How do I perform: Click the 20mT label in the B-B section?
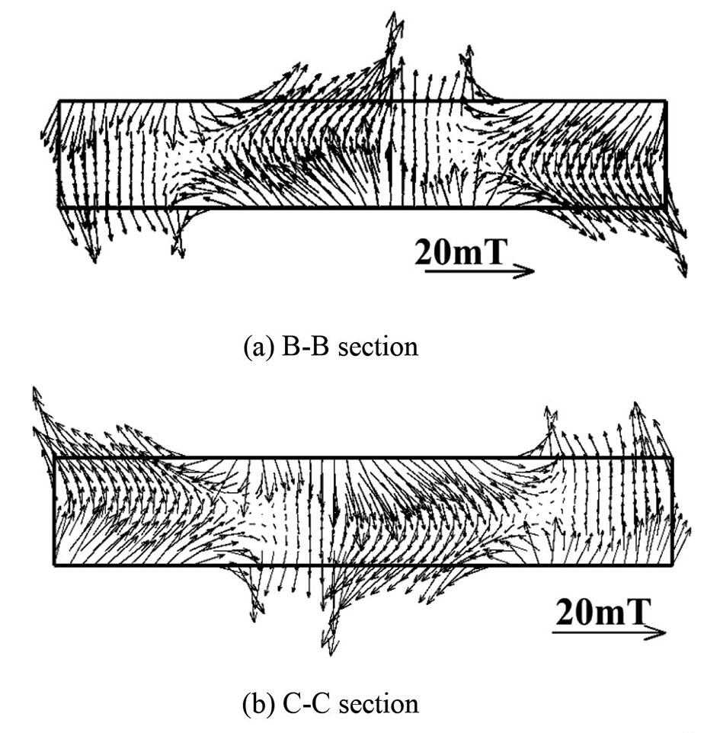point(460,253)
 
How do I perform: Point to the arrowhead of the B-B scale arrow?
point(527,271)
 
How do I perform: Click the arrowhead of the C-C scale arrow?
point(660,632)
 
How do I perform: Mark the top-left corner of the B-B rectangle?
point(59,101)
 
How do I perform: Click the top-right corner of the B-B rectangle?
point(666,101)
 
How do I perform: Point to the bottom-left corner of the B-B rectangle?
point(59,207)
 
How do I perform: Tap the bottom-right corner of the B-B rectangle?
point(666,207)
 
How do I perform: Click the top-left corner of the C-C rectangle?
point(54,457)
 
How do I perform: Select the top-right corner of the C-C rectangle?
point(672,457)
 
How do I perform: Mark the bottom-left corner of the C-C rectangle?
point(54,565)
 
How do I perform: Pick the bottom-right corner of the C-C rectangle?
point(672,565)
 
